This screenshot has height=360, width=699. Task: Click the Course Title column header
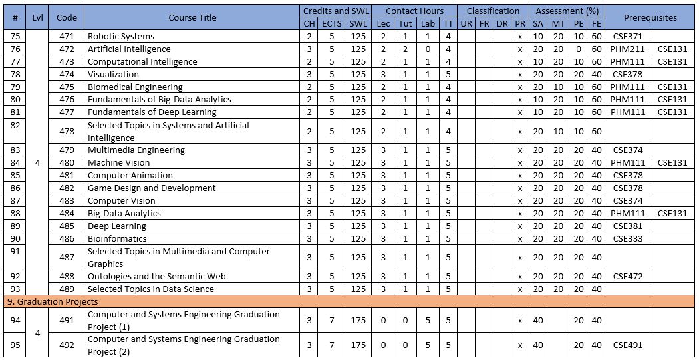(x=192, y=17)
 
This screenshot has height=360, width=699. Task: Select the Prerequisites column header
(x=650, y=17)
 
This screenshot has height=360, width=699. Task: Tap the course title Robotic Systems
(x=121, y=37)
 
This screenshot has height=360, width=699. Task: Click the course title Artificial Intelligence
(x=129, y=49)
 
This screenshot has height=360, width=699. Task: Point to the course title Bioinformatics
(x=117, y=238)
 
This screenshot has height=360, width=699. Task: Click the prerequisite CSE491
(x=628, y=345)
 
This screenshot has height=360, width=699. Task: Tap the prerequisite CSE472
(x=628, y=276)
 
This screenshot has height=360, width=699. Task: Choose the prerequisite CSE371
(x=628, y=37)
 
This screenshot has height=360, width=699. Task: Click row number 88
(x=15, y=214)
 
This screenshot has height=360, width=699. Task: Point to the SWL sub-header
(x=358, y=24)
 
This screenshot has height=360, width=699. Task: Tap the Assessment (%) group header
(x=567, y=11)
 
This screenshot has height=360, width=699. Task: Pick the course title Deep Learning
(x=117, y=226)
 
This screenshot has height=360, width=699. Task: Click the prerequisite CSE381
(x=628, y=226)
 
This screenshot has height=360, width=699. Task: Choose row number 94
(x=15, y=320)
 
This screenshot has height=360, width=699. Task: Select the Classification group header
(x=493, y=11)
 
